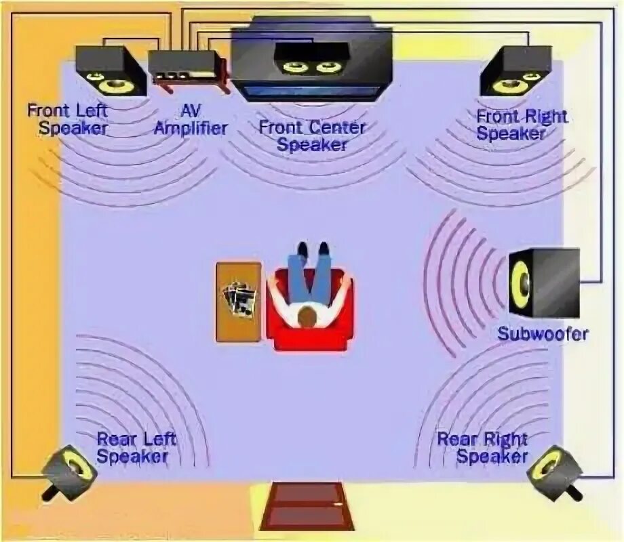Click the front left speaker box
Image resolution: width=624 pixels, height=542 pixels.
coord(109,70)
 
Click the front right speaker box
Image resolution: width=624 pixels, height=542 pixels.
coord(513,71)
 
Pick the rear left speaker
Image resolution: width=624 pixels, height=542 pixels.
coord(70,470)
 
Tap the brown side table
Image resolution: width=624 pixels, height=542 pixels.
coord(238,301)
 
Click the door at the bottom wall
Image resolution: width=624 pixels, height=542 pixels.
coord(307,505)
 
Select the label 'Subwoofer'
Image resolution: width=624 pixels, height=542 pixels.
coord(543,333)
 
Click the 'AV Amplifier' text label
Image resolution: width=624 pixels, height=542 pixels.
coord(189,119)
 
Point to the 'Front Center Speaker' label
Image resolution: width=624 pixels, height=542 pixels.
coord(312,135)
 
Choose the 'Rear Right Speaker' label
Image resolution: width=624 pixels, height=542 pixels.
coord(482,447)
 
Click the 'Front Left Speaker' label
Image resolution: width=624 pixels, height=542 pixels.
coord(68,119)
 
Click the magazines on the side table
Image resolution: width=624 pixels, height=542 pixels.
coord(238,298)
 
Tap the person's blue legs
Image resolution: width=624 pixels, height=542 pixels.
coord(309,268)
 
